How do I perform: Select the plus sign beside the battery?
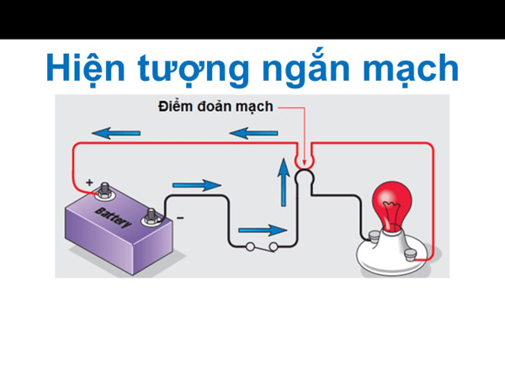coord(89,181)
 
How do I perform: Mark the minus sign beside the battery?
coord(178,219)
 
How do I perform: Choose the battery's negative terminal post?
coord(151,216)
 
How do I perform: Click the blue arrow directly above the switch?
coord(261,229)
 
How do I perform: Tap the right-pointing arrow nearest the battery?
coord(197,184)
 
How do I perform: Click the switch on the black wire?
coord(262,247)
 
